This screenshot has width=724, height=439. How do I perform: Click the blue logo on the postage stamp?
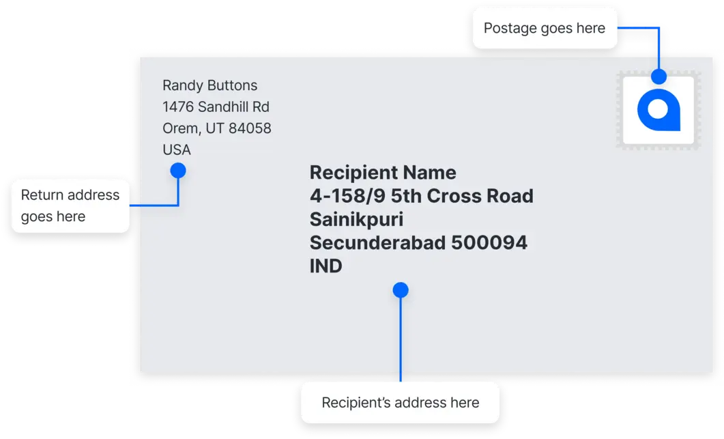click(658, 110)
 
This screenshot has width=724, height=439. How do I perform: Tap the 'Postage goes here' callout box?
click(544, 29)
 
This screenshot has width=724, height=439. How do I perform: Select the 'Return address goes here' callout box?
click(70, 206)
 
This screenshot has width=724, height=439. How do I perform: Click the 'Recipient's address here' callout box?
click(400, 402)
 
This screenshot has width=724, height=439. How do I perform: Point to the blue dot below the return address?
click(178, 170)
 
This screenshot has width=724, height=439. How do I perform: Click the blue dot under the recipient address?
click(401, 290)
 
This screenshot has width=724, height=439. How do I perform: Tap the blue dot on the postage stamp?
click(658, 76)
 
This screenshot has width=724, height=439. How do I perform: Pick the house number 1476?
click(178, 107)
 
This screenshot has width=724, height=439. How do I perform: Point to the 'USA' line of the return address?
click(177, 150)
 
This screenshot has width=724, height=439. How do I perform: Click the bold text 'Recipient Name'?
click(383, 172)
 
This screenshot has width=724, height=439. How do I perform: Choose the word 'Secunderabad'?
click(376, 243)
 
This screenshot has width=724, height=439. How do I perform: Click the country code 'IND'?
click(326, 266)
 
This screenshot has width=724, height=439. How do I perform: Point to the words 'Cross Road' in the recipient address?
click(480, 196)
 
